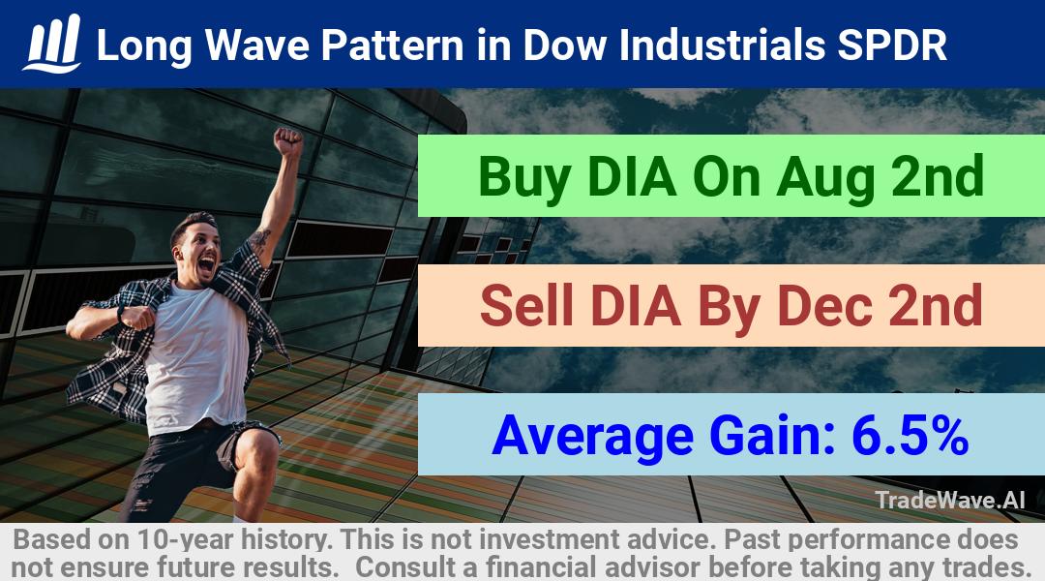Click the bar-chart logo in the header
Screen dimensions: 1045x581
point(52,44)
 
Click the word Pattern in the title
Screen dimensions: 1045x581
point(391,46)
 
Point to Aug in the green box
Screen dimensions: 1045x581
point(825,177)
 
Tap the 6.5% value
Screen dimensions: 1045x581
point(911,435)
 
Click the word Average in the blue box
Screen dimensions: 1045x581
point(592,436)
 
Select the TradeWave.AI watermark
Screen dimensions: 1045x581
point(950,500)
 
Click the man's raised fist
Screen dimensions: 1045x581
point(288,142)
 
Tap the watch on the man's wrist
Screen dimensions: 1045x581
point(121,313)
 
